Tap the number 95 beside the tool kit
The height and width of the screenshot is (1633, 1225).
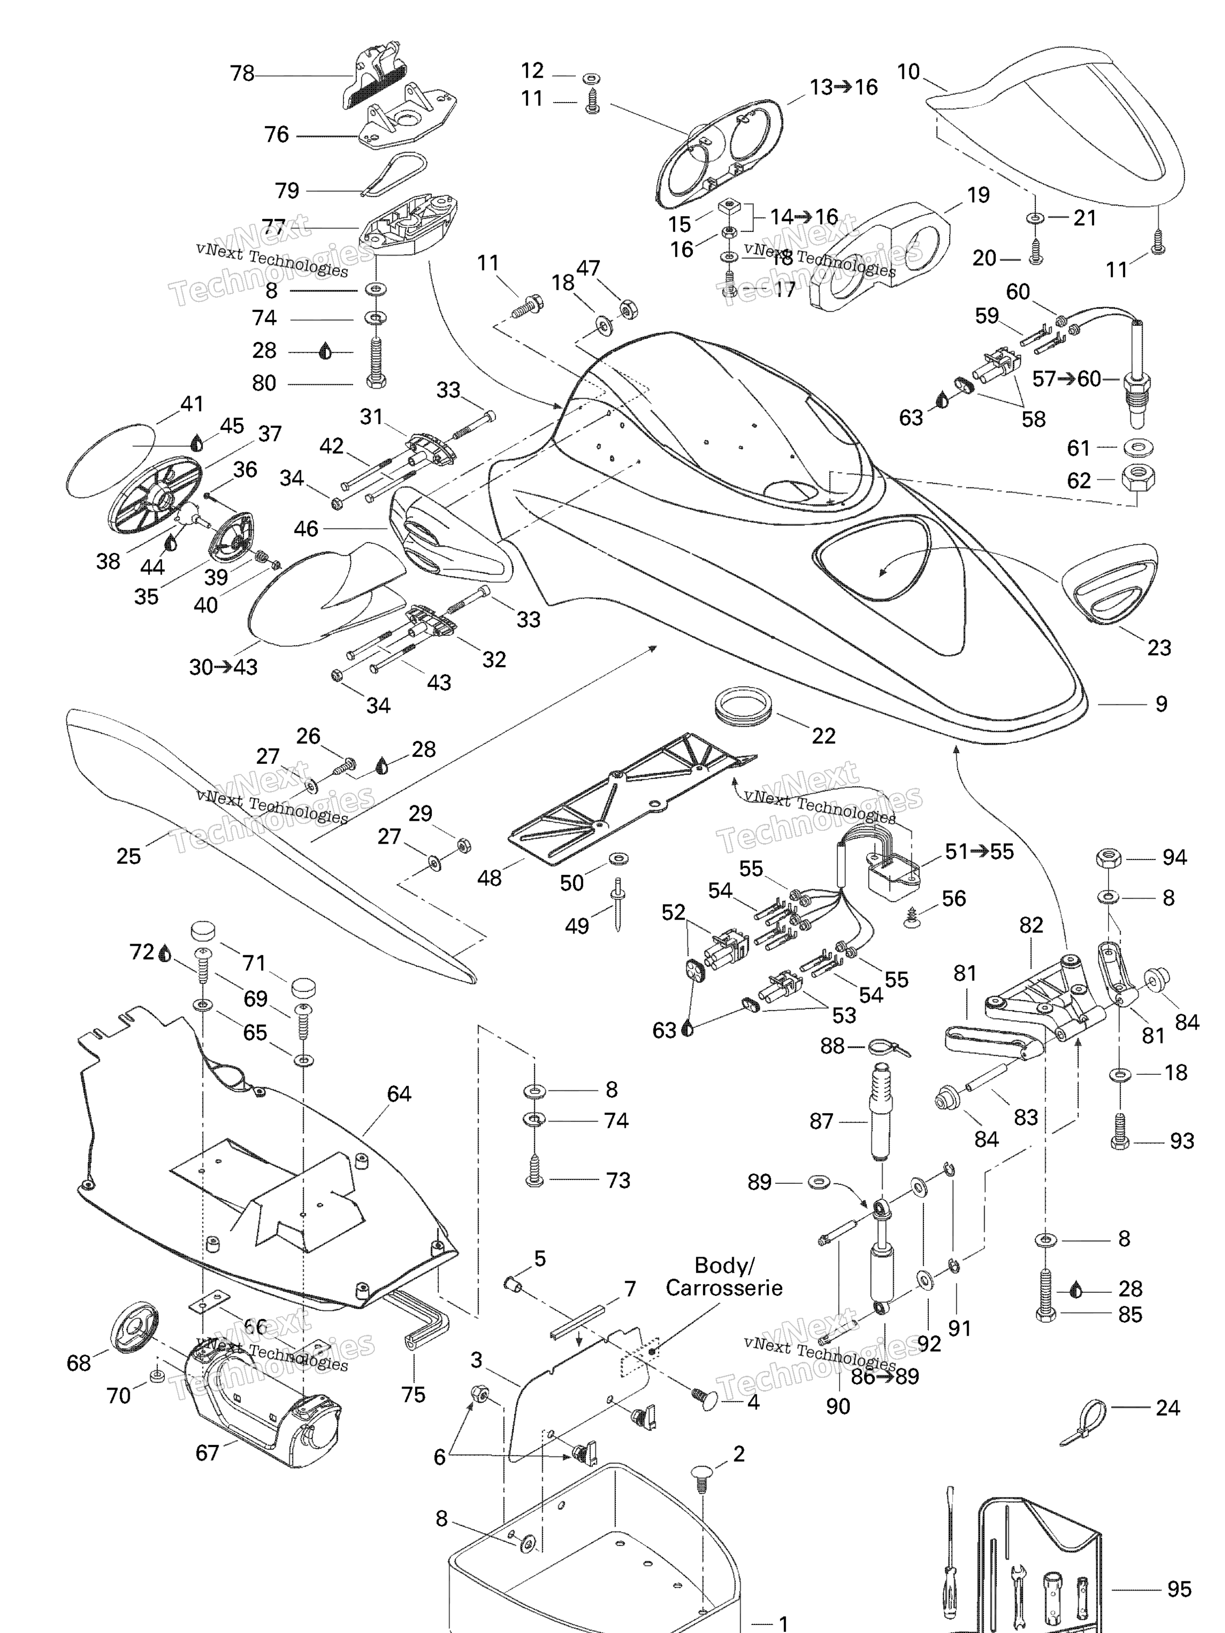click(1179, 1589)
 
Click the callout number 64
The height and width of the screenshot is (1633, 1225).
click(399, 1093)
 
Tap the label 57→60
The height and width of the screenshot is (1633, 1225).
click(1065, 378)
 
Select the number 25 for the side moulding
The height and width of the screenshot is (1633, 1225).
click(129, 856)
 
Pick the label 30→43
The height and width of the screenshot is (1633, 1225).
click(223, 667)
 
